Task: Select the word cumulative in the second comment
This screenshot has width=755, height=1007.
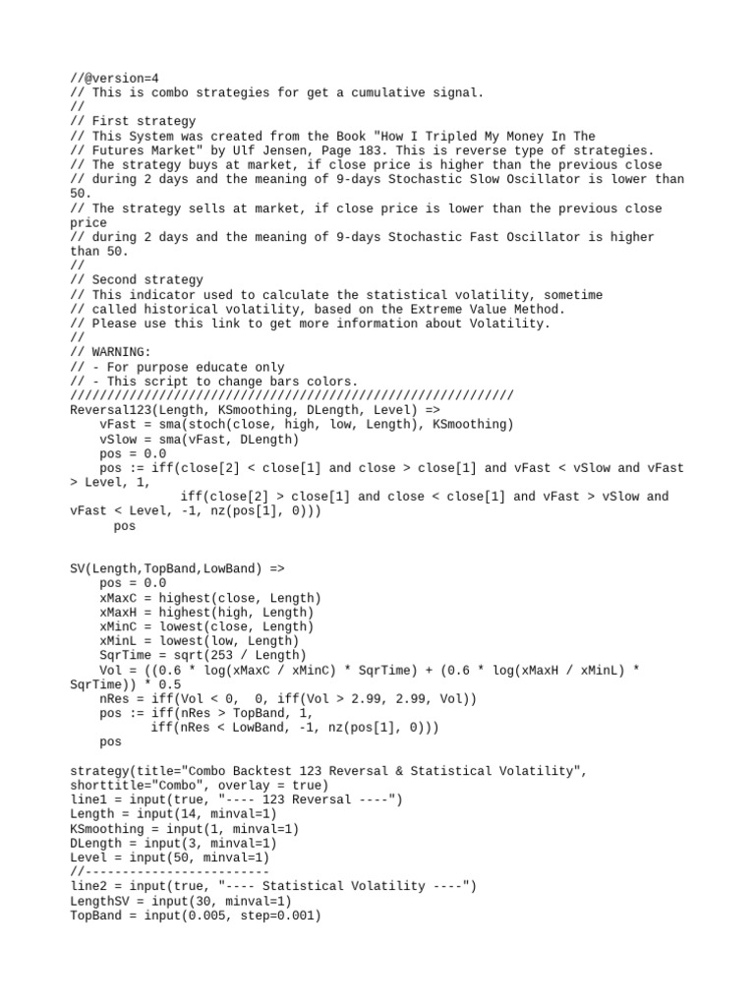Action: (x=382, y=93)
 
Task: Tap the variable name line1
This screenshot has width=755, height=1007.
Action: (x=88, y=800)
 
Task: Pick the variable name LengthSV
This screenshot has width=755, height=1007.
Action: (x=98, y=901)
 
